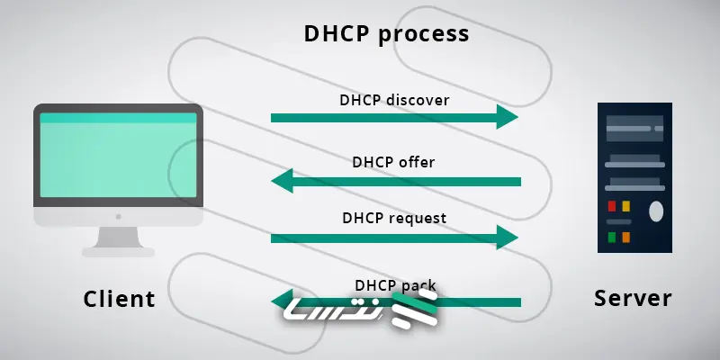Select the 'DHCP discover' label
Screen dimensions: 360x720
394,99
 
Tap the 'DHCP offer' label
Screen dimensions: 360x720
393,163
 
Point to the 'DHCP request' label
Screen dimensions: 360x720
394,218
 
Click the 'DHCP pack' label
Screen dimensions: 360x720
394,285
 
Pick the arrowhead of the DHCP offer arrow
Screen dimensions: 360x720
283,182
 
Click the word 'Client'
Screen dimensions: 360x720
119,299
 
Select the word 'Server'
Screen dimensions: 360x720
633,298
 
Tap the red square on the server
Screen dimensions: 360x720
612,207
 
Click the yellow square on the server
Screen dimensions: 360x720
626,207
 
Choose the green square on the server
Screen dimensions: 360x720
612,238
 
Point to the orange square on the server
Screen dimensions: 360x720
626,238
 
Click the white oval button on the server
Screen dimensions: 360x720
656,211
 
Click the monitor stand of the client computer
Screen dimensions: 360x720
118,240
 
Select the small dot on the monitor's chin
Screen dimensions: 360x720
118,217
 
